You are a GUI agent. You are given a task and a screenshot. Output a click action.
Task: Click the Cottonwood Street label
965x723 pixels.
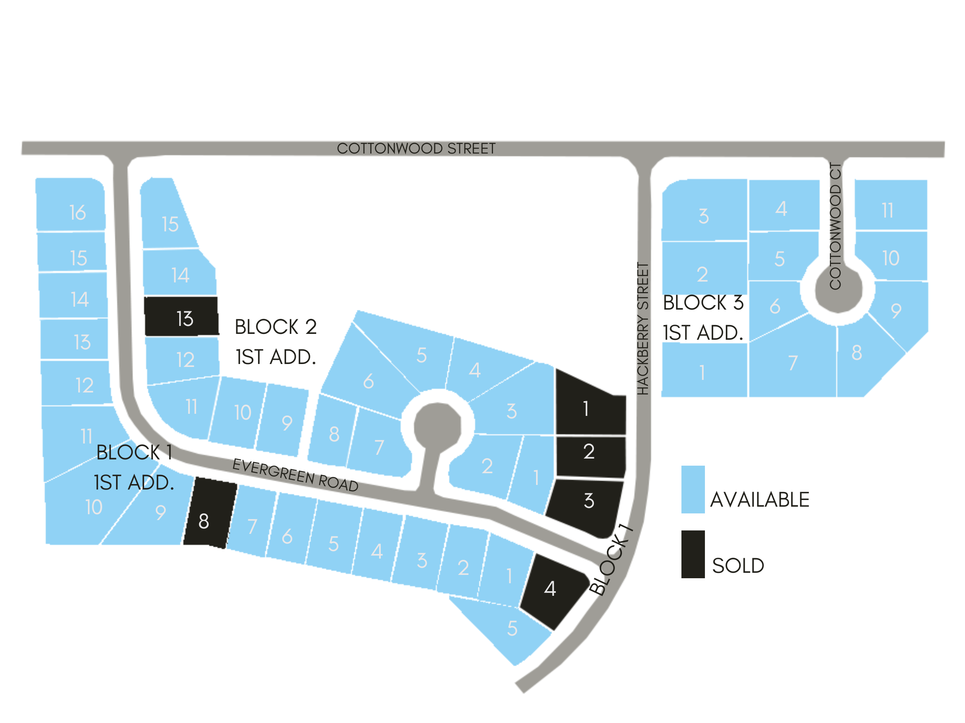(416, 149)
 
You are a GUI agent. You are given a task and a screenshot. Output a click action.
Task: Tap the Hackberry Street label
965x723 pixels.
(643, 329)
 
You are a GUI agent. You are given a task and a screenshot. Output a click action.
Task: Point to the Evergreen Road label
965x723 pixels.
(295, 475)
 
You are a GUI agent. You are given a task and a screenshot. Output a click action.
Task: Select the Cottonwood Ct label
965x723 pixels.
(835, 226)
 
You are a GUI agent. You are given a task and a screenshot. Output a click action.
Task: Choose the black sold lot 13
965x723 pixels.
(181, 317)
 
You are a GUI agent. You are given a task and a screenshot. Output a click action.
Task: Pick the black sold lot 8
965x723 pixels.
(210, 513)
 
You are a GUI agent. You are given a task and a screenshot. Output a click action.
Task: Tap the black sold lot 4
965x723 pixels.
(552, 590)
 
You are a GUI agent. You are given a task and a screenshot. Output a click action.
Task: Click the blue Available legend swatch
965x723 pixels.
(693, 490)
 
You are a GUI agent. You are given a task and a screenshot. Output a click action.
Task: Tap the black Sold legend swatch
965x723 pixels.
(693, 554)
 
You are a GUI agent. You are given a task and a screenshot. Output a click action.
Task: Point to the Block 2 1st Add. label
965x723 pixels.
(276, 342)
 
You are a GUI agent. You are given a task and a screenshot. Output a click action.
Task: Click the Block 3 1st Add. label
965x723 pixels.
(703, 318)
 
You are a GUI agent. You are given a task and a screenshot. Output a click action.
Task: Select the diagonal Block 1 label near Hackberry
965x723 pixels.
(611, 560)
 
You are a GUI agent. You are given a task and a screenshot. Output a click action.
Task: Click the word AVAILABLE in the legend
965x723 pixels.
(759, 500)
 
